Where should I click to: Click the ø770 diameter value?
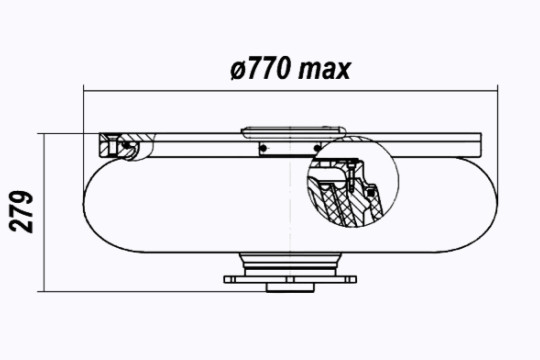[259, 69]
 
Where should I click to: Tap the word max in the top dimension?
[324, 70]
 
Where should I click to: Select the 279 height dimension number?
[21, 212]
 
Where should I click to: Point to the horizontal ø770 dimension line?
[291, 91]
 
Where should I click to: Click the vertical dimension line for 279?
[44, 213]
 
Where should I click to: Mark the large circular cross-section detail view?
[353, 182]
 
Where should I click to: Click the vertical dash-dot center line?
[290, 207]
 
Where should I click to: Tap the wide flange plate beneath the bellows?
[290, 279]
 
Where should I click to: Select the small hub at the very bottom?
[290, 288]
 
